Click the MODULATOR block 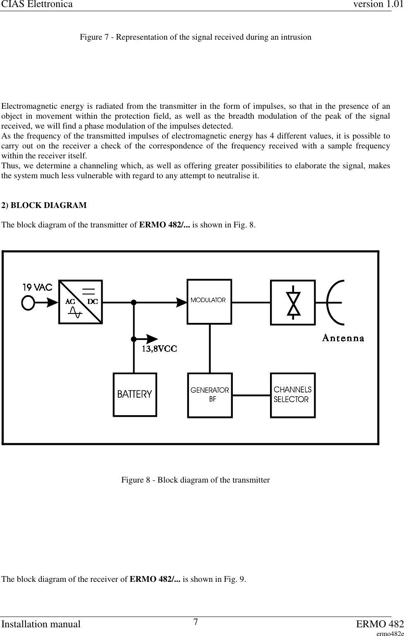pos(209,301)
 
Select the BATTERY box pos(135,395)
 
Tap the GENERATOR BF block pos(210,395)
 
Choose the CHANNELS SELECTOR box pos(293,395)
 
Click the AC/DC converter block pos(81,302)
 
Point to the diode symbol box pos(293,302)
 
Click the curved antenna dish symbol pos(333,302)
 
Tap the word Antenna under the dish pos(343,338)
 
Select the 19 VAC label pos(37,287)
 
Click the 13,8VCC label pos(160,349)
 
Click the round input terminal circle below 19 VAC pos(28,303)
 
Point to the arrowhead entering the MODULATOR pos(182,302)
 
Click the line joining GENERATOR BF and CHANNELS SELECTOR pos(251,395)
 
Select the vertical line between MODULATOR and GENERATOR pos(210,348)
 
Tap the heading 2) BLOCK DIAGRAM pos(44,205)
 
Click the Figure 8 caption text pos(195,480)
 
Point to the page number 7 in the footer pos(196,622)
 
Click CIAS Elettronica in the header pos(36,5)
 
